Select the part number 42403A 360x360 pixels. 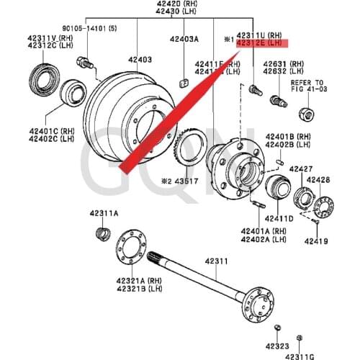pos(184,40)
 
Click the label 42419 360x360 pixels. pos(315,241)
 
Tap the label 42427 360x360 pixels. pos(301,168)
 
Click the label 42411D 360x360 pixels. pos(278,217)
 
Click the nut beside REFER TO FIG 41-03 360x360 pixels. pos(304,113)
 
